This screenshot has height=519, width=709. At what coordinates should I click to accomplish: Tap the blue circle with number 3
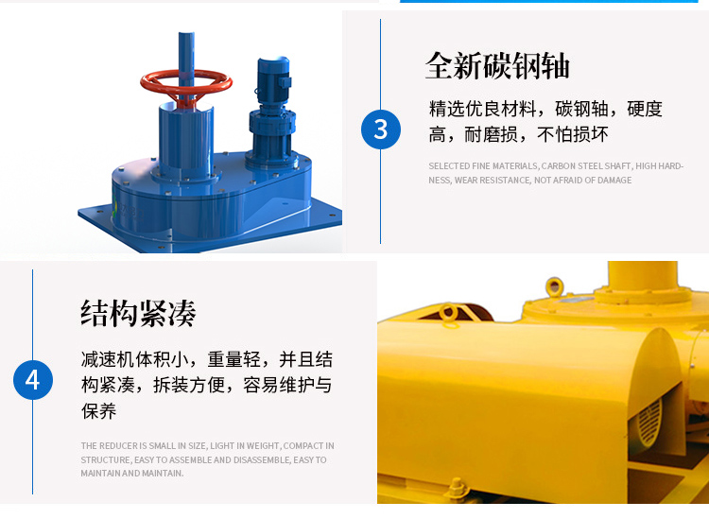[380, 129]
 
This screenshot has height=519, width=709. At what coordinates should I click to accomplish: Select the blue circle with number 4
[32, 380]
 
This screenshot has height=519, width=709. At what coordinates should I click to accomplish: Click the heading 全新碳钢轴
[497, 65]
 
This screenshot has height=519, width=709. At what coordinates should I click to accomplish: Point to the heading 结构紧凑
[138, 312]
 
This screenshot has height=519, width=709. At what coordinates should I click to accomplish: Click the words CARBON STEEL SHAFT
[586, 166]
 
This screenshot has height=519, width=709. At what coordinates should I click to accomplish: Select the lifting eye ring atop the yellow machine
[555, 285]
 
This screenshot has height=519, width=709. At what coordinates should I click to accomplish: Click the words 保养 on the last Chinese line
[99, 411]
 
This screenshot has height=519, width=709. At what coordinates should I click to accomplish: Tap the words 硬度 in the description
[645, 109]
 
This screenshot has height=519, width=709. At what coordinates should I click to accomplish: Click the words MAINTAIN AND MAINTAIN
[132, 473]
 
